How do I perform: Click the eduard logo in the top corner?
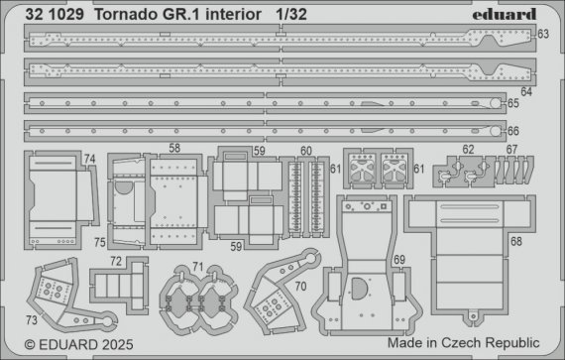[506, 13]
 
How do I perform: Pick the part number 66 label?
[513, 130]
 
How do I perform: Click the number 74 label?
[89, 159]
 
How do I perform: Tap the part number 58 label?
[173, 148]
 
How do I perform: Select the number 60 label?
[306, 151]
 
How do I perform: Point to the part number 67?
[511, 151]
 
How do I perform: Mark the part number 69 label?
[398, 259]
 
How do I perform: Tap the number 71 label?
[197, 266]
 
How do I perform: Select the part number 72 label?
[117, 262]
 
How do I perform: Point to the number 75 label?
[101, 240]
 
